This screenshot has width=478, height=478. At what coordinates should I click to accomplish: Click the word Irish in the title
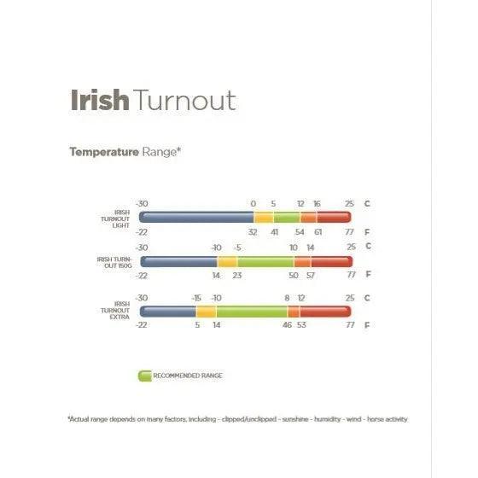(99, 100)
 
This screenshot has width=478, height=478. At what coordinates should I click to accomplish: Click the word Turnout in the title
(184, 100)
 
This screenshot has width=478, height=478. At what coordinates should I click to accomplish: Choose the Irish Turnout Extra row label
(116, 312)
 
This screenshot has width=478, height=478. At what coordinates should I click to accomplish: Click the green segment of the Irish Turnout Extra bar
(251, 312)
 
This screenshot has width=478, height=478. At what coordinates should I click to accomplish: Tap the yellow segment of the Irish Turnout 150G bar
(226, 262)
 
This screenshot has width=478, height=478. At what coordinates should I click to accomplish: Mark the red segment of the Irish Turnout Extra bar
(324, 312)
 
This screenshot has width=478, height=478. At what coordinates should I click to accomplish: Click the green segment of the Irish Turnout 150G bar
(265, 262)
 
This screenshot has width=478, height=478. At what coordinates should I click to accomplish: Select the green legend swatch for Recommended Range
(143, 374)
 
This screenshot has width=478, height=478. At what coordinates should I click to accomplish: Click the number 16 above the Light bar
(317, 203)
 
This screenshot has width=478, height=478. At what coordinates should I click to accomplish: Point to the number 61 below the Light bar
(318, 231)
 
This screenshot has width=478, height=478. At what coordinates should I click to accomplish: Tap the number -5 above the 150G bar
(237, 248)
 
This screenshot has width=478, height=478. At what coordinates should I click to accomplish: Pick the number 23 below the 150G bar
(237, 276)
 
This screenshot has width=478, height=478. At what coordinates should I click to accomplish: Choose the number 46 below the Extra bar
(287, 326)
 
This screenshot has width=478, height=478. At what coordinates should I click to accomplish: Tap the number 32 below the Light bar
(253, 231)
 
